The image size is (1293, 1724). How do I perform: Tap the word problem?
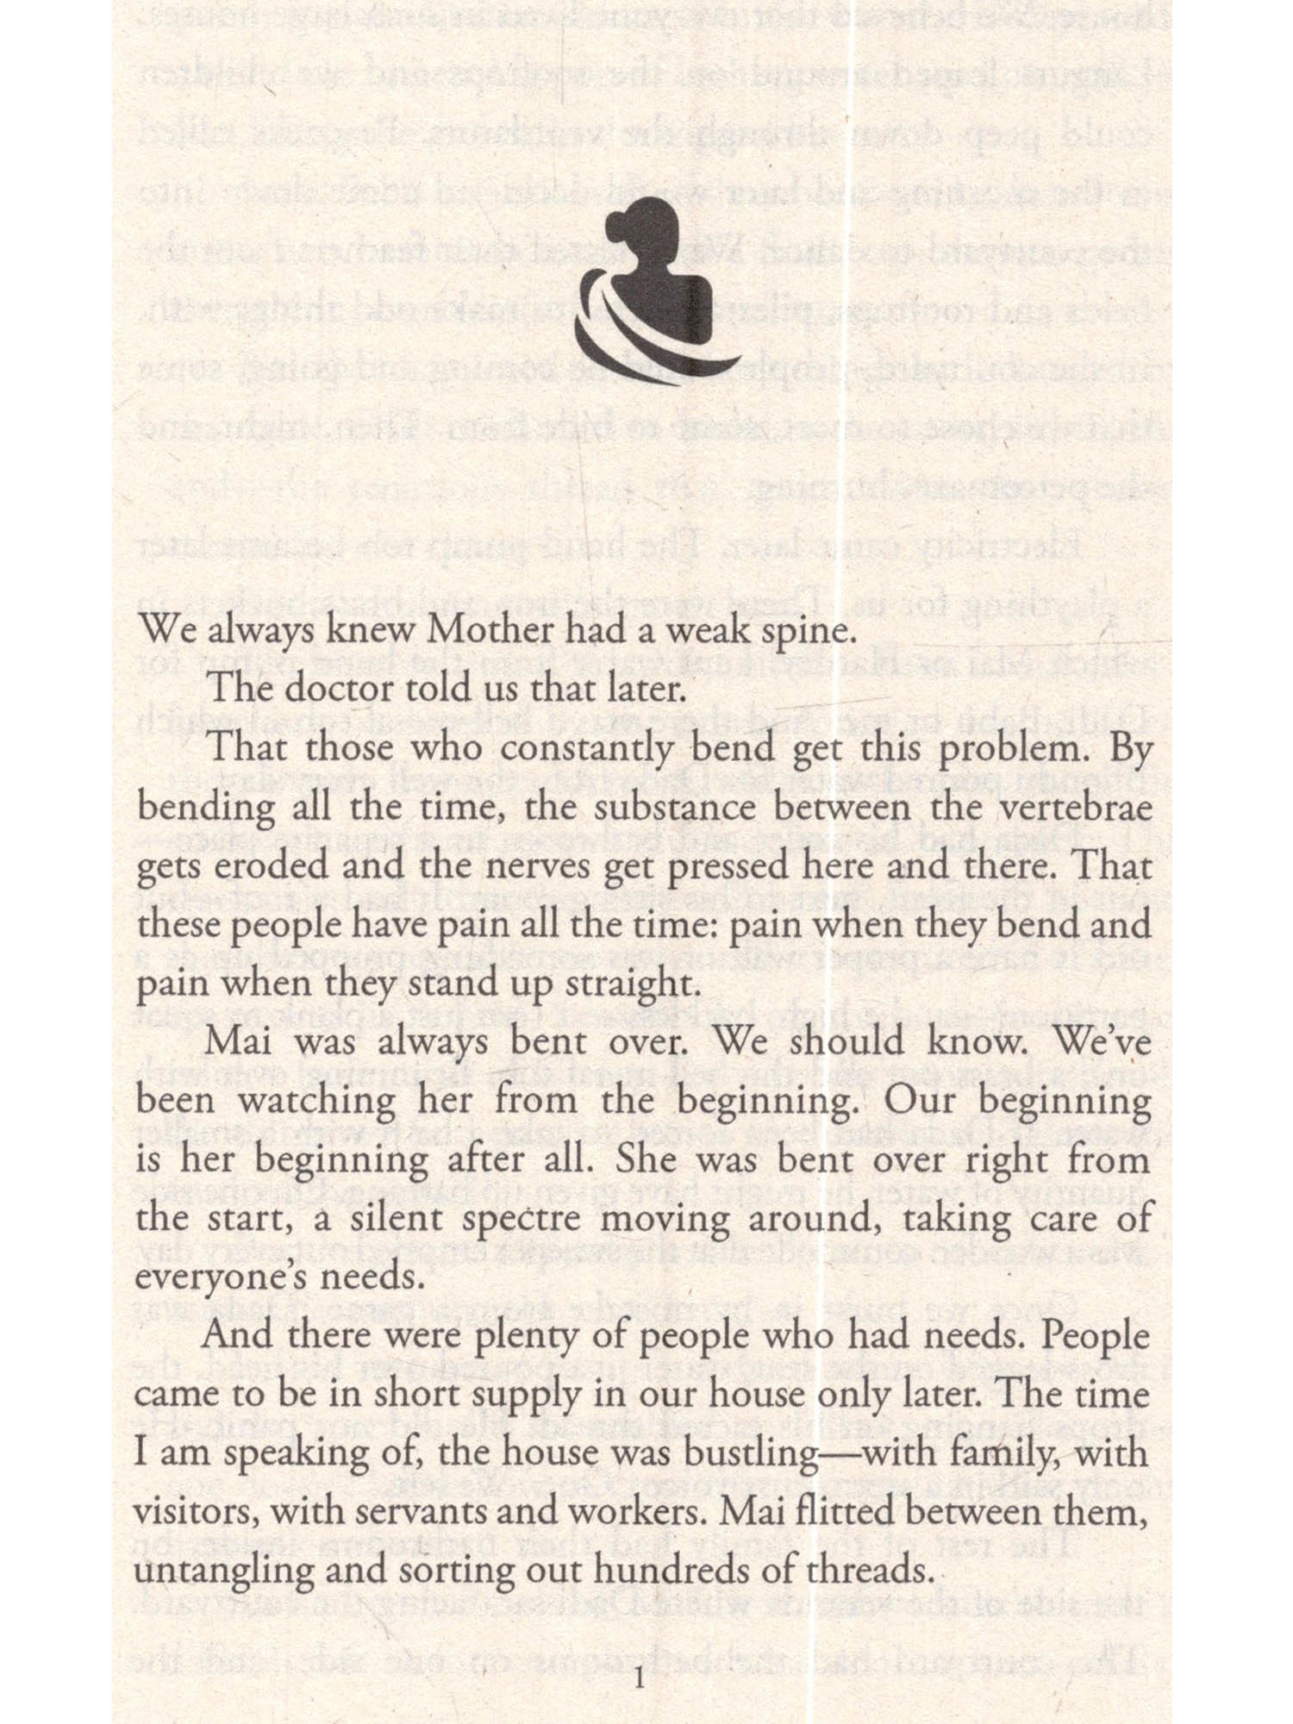1013,750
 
